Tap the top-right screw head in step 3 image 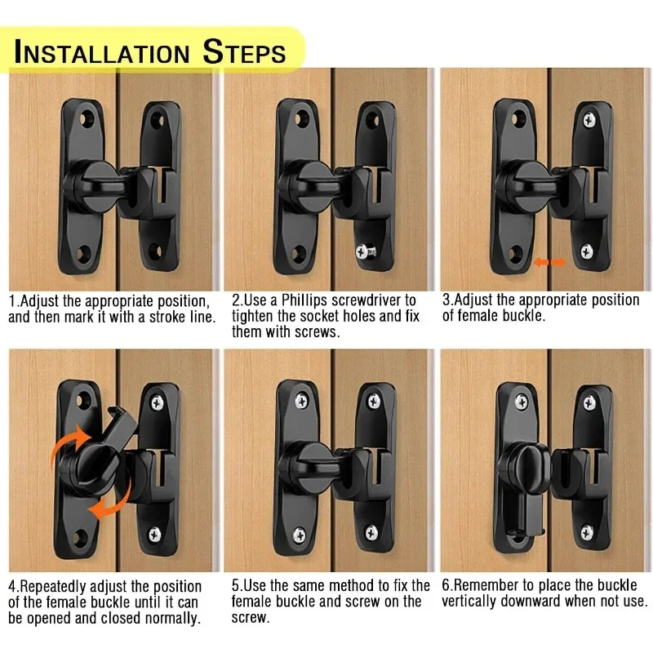[x=587, y=120]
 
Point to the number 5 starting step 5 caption [x=236, y=586]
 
